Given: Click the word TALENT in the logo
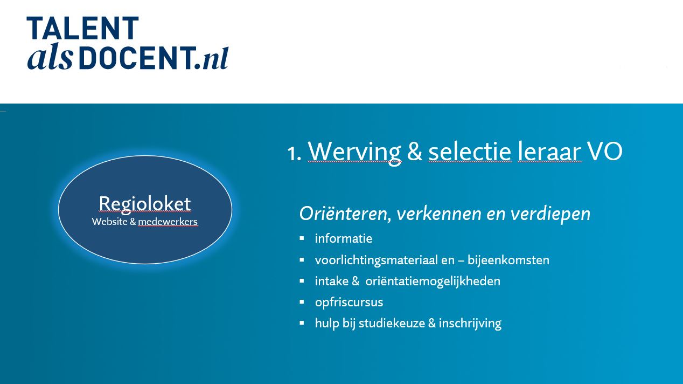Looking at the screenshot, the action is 83,28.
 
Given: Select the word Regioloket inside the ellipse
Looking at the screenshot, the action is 145,204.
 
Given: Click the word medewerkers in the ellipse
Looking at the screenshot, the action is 168,222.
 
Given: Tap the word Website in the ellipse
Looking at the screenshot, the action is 109,222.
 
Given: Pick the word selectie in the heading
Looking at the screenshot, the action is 470,152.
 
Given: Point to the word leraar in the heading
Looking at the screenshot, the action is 549,152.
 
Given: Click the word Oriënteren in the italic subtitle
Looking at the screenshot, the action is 345,214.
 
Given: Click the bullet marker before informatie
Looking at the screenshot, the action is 302,238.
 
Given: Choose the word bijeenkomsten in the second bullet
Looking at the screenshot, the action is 508,260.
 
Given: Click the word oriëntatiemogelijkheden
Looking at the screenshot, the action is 433,282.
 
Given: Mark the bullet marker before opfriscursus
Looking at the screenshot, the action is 302,302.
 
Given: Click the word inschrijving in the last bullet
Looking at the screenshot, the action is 470,324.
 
